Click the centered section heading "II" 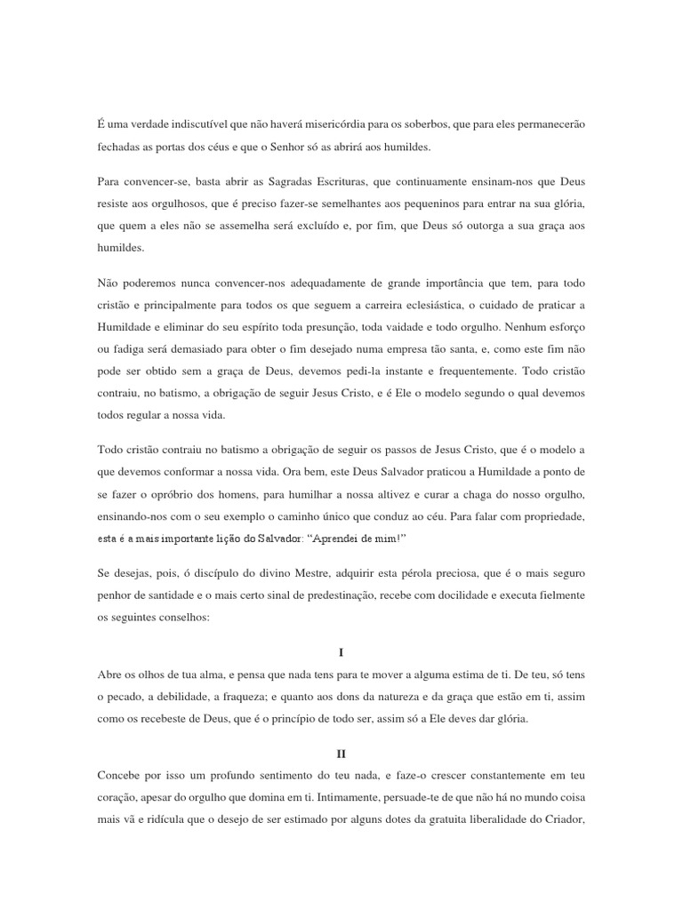coord(341,753)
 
